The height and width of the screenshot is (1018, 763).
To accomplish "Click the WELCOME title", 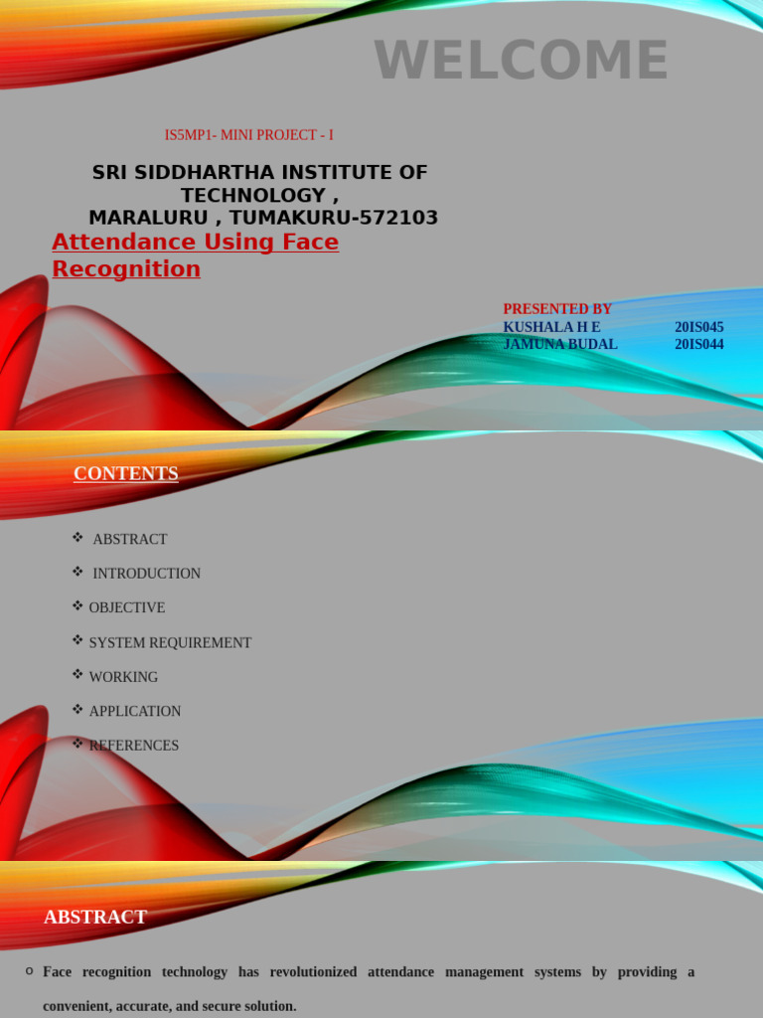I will point(521,61).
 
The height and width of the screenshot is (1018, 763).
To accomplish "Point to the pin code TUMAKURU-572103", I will point(334,218).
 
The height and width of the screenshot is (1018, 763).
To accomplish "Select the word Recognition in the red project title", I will point(126,268).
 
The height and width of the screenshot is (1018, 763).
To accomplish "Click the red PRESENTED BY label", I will point(557,309).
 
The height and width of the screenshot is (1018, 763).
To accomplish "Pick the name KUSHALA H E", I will point(551,327).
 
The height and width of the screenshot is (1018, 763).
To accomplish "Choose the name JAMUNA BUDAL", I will point(560,344).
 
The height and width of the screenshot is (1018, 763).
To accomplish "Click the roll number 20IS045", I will point(699,327).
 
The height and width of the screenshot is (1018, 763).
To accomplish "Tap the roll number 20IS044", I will point(699,344).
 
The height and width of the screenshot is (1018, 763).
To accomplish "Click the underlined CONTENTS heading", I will point(126,473).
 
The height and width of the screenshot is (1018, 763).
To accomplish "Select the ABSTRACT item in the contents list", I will point(130,539).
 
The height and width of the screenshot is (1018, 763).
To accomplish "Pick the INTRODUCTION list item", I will point(146,574).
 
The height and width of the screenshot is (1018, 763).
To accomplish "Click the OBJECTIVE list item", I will point(127,607).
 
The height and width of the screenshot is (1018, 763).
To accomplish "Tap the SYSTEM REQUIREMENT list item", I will point(170,643).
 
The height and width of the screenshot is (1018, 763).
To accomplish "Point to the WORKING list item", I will point(123,677).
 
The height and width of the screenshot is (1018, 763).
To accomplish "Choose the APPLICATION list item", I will point(135,712).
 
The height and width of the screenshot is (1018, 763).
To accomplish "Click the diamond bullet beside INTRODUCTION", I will point(77,572).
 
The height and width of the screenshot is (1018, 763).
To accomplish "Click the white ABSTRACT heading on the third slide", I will point(95,917).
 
